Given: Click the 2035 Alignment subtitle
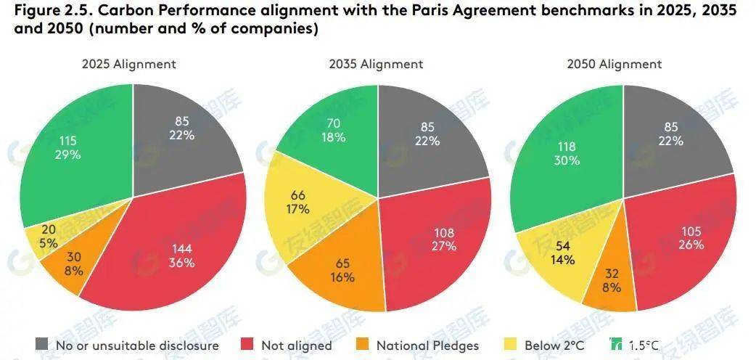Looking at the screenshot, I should coord(375,64).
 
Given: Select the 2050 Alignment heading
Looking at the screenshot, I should coord(614,64).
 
